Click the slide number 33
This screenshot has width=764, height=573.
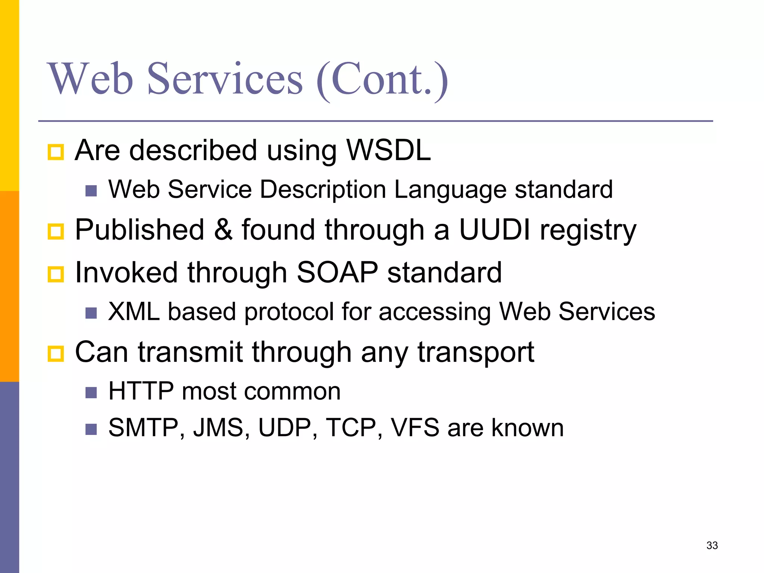tap(712, 545)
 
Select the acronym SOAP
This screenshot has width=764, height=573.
tap(337, 272)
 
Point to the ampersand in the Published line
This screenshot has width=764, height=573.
tap(223, 229)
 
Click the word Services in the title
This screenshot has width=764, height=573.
tap(225, 79)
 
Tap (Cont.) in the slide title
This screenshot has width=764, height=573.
tap(382, 80)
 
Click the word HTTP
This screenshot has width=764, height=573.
tap(141, 391)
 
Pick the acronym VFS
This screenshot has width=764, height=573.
tap(414, 428)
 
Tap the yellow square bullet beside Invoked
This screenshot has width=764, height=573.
tap(56, 275)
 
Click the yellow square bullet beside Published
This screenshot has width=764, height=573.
tap(56, 232)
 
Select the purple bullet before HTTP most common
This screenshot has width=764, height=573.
tap(91, 393)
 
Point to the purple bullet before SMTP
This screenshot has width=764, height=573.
tap(91, 429)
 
